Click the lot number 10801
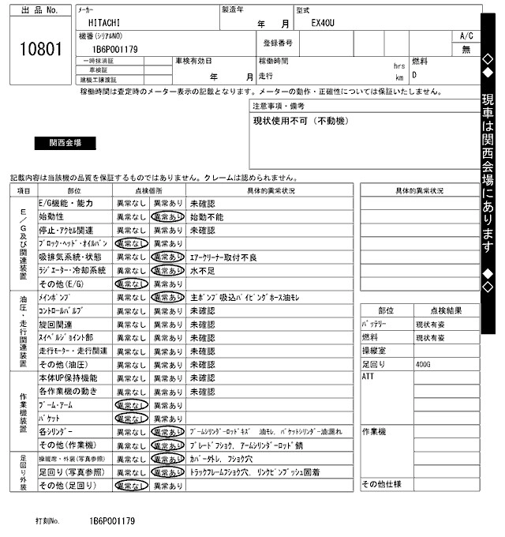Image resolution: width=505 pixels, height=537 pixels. pos(39,49)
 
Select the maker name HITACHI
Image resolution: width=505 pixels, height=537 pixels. pos(105,24)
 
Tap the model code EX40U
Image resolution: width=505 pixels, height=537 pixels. pos(323,24)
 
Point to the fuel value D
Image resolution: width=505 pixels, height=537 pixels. pos(414,76)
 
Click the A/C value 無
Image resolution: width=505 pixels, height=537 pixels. pos(466,49)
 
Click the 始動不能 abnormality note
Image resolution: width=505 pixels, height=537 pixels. pos(207,216)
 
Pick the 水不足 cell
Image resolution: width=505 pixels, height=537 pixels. pos(202,270)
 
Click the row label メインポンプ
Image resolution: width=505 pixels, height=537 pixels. pos(56,298)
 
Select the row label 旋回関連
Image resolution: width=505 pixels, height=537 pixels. pos(55,325)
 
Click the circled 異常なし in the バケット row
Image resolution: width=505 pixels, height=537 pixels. pos(131,419)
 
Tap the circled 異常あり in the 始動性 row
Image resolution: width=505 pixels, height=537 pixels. pos(167,216)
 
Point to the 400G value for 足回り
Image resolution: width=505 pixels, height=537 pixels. pos(424,364)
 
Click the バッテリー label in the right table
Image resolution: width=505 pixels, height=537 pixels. pos(374,324)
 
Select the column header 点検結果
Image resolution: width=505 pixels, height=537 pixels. pos(445,310)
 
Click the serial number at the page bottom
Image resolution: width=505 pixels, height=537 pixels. pos(112,522)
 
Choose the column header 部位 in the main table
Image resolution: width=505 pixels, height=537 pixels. pos(74,190)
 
